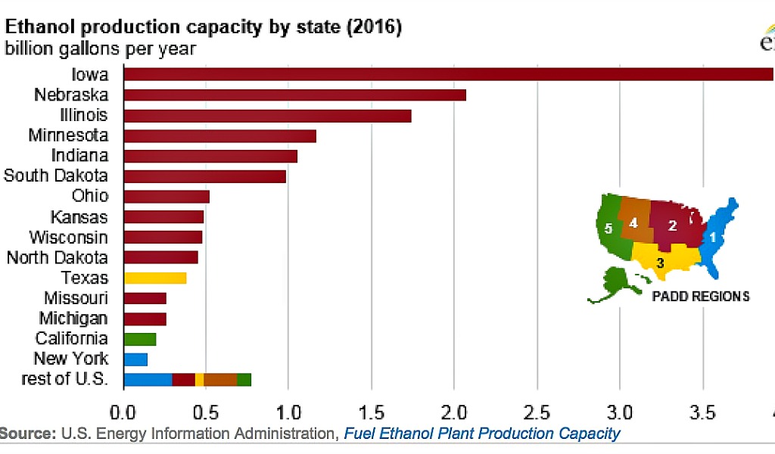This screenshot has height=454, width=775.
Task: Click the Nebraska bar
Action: (294, 95)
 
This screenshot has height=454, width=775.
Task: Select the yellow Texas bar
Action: (154, 278)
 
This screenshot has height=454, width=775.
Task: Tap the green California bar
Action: (139, 338)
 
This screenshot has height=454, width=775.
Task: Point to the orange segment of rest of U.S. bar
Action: (220, 379)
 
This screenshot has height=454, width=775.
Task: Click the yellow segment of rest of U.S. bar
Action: (199, 379)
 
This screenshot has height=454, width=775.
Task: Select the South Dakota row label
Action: (56, 176)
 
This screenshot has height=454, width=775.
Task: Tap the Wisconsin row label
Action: (68, 237)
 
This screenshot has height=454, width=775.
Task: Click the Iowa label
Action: (90, 75)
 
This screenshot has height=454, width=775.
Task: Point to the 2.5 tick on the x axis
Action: (537, 412)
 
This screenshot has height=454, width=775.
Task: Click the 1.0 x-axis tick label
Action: (288, 412)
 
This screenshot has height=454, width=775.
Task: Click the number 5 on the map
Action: (608, 227)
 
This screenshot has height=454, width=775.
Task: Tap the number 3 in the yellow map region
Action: (660, 263)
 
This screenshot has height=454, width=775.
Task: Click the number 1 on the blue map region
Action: (711, 237)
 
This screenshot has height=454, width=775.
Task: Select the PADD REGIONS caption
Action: (700, 296)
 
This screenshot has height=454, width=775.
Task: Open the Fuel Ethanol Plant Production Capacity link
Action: (481, 434)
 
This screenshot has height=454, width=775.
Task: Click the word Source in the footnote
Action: (27, 434)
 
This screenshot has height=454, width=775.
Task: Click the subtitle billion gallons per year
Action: (101, 49)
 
